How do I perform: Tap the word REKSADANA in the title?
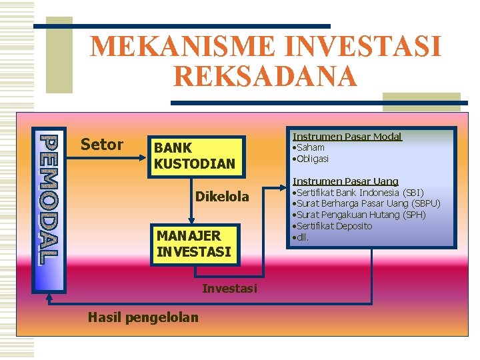pyautogui.click(x=265, y=76)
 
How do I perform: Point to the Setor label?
pyautogui.click(x=101, y=145)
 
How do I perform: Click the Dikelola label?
pyautogui.click(x=222, y=197)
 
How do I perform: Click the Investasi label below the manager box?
pyautogui.click(x=229, y=288)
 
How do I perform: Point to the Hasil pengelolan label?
pyautogui.click(x=143, y=317)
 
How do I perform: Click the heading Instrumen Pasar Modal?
pyautogui.click(x=347, y=137)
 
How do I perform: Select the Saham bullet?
pyautogui.click(x=309, y=147)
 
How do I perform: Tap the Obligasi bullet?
pyautogui.click(x=311, y=159)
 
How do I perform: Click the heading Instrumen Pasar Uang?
pyautogui.click(x=345, y=181)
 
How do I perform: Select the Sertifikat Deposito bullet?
pyautogui.click(x=333, y=226)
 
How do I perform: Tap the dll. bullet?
pyautogui.click(x=301, y=237)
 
